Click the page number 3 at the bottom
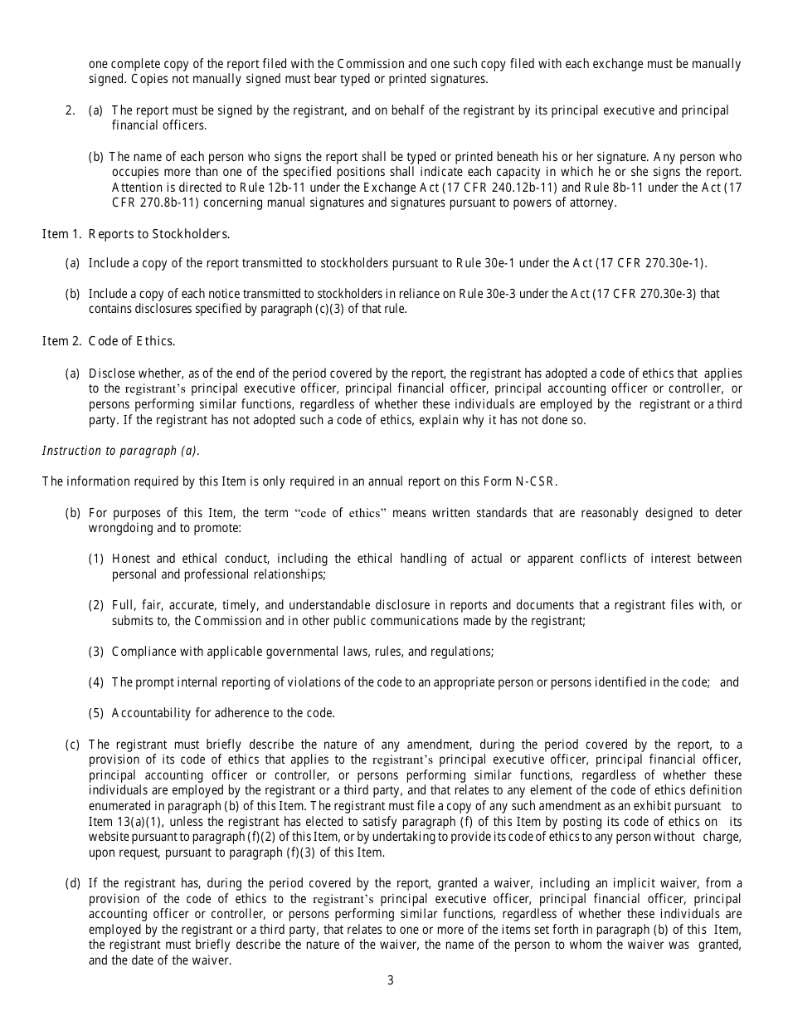pyautogui.click(x=390, y=980)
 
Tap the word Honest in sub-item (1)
pyautogui.click(x=131, y=559)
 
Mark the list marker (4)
pyautogui.click(x=96, y=682)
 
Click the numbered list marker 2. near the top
pyautogui.click(x=71, y=110)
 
